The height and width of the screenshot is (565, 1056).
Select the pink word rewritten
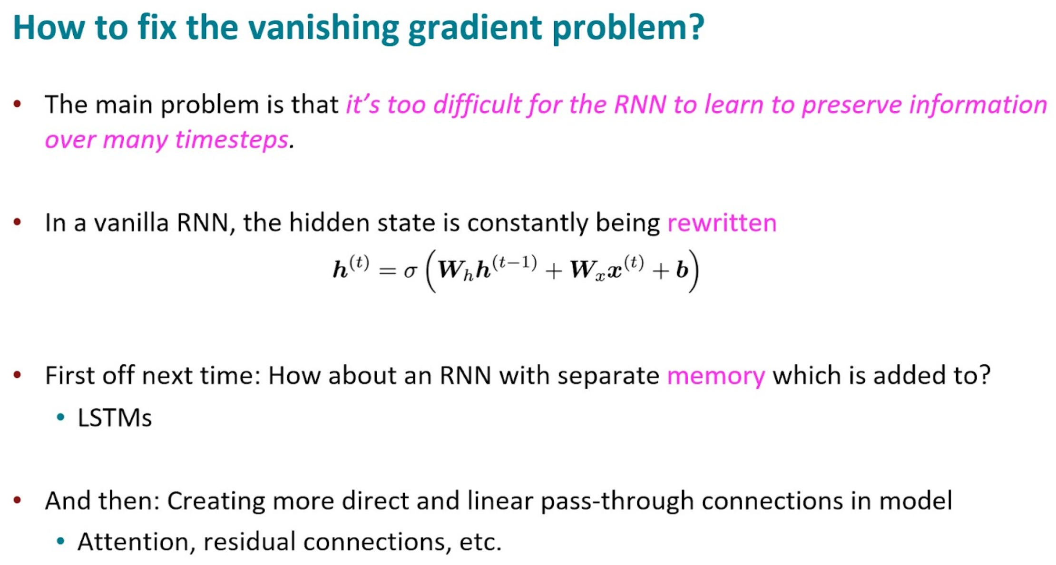[x=722, y=223]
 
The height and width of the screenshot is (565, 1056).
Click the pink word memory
[x=716, y=376]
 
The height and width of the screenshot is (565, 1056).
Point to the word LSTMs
[x=115, y=418]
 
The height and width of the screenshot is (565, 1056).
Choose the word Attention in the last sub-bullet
[x=133, y=542]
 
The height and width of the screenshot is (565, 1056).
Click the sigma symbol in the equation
[x=410, y=271]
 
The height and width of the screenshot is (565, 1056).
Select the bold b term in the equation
[x=682, y=270]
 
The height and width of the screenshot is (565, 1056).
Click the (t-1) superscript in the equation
[x=514, y=262]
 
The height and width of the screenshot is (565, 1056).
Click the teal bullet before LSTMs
[x=60, y=418]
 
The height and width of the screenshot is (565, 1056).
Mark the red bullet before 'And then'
[x=18, y=500]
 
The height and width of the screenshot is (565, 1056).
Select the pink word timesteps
[x=232, y=140]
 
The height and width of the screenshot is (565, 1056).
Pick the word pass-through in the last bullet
[x=617, y=501]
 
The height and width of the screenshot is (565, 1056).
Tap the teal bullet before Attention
[x=60, y=541]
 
